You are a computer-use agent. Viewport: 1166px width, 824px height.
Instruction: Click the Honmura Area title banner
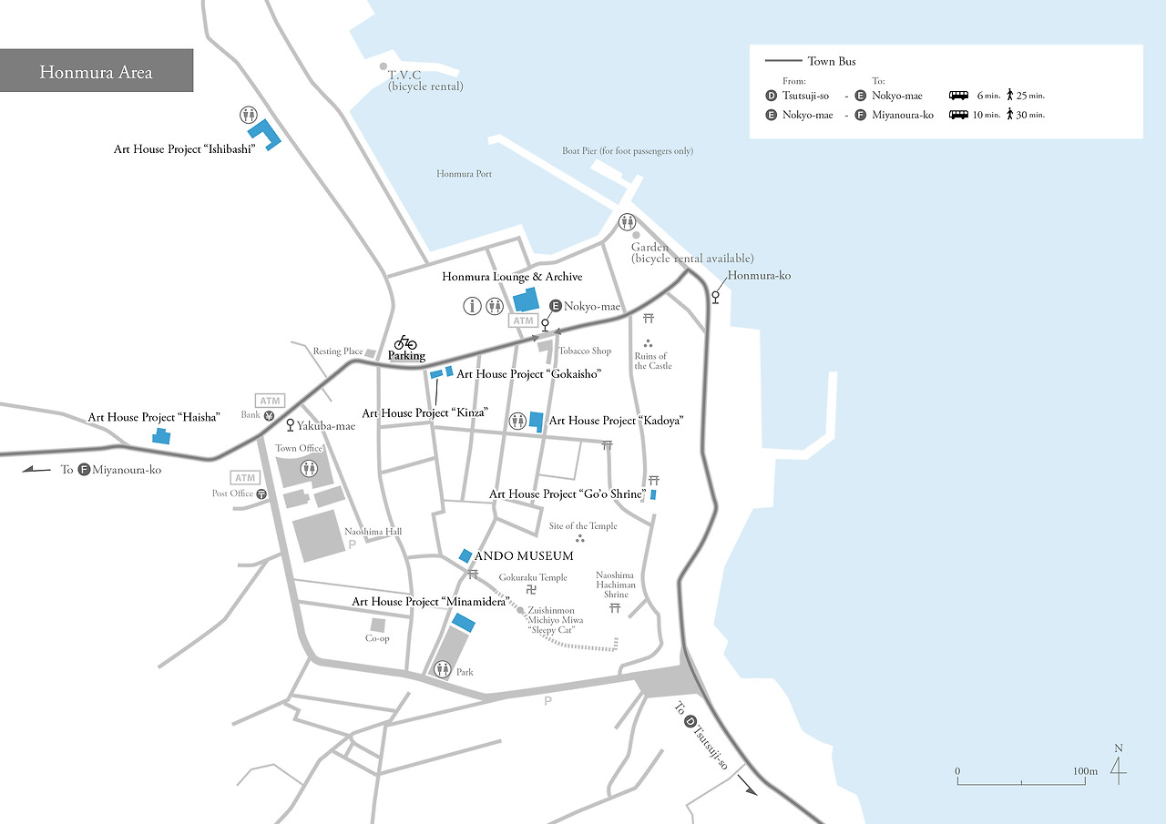(96, 71)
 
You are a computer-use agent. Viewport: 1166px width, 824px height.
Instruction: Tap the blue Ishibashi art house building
(264, 135)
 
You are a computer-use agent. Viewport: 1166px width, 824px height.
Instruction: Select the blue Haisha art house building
(161, 436)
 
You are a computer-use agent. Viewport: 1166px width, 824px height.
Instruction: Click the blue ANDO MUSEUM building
(465, 555)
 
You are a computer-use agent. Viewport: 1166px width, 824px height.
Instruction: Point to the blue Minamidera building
(464, 623)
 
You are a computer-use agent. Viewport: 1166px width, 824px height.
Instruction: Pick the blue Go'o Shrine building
(653, 494)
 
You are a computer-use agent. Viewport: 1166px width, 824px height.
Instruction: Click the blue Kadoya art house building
(537, 421)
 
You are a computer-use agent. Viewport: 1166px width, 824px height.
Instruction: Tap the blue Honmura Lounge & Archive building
(526, 301)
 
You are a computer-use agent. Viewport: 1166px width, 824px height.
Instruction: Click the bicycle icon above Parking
(405, 342)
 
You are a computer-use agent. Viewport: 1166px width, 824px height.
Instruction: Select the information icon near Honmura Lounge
(472, 306)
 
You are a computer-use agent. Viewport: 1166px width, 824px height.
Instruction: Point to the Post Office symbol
(261, 494)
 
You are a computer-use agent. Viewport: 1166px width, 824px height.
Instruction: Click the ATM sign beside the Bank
(271, 401)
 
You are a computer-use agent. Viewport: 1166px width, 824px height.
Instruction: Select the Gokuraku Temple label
(533, 577)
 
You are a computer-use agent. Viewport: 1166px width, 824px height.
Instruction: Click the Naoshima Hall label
(373, 532)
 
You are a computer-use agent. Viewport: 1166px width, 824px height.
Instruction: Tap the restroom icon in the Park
(443, 669)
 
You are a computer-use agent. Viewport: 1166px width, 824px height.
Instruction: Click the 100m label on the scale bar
(1085, 771)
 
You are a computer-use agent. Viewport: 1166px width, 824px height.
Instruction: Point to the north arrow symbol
(1118, 769)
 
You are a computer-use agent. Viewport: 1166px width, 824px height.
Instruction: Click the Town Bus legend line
(783, 62)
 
